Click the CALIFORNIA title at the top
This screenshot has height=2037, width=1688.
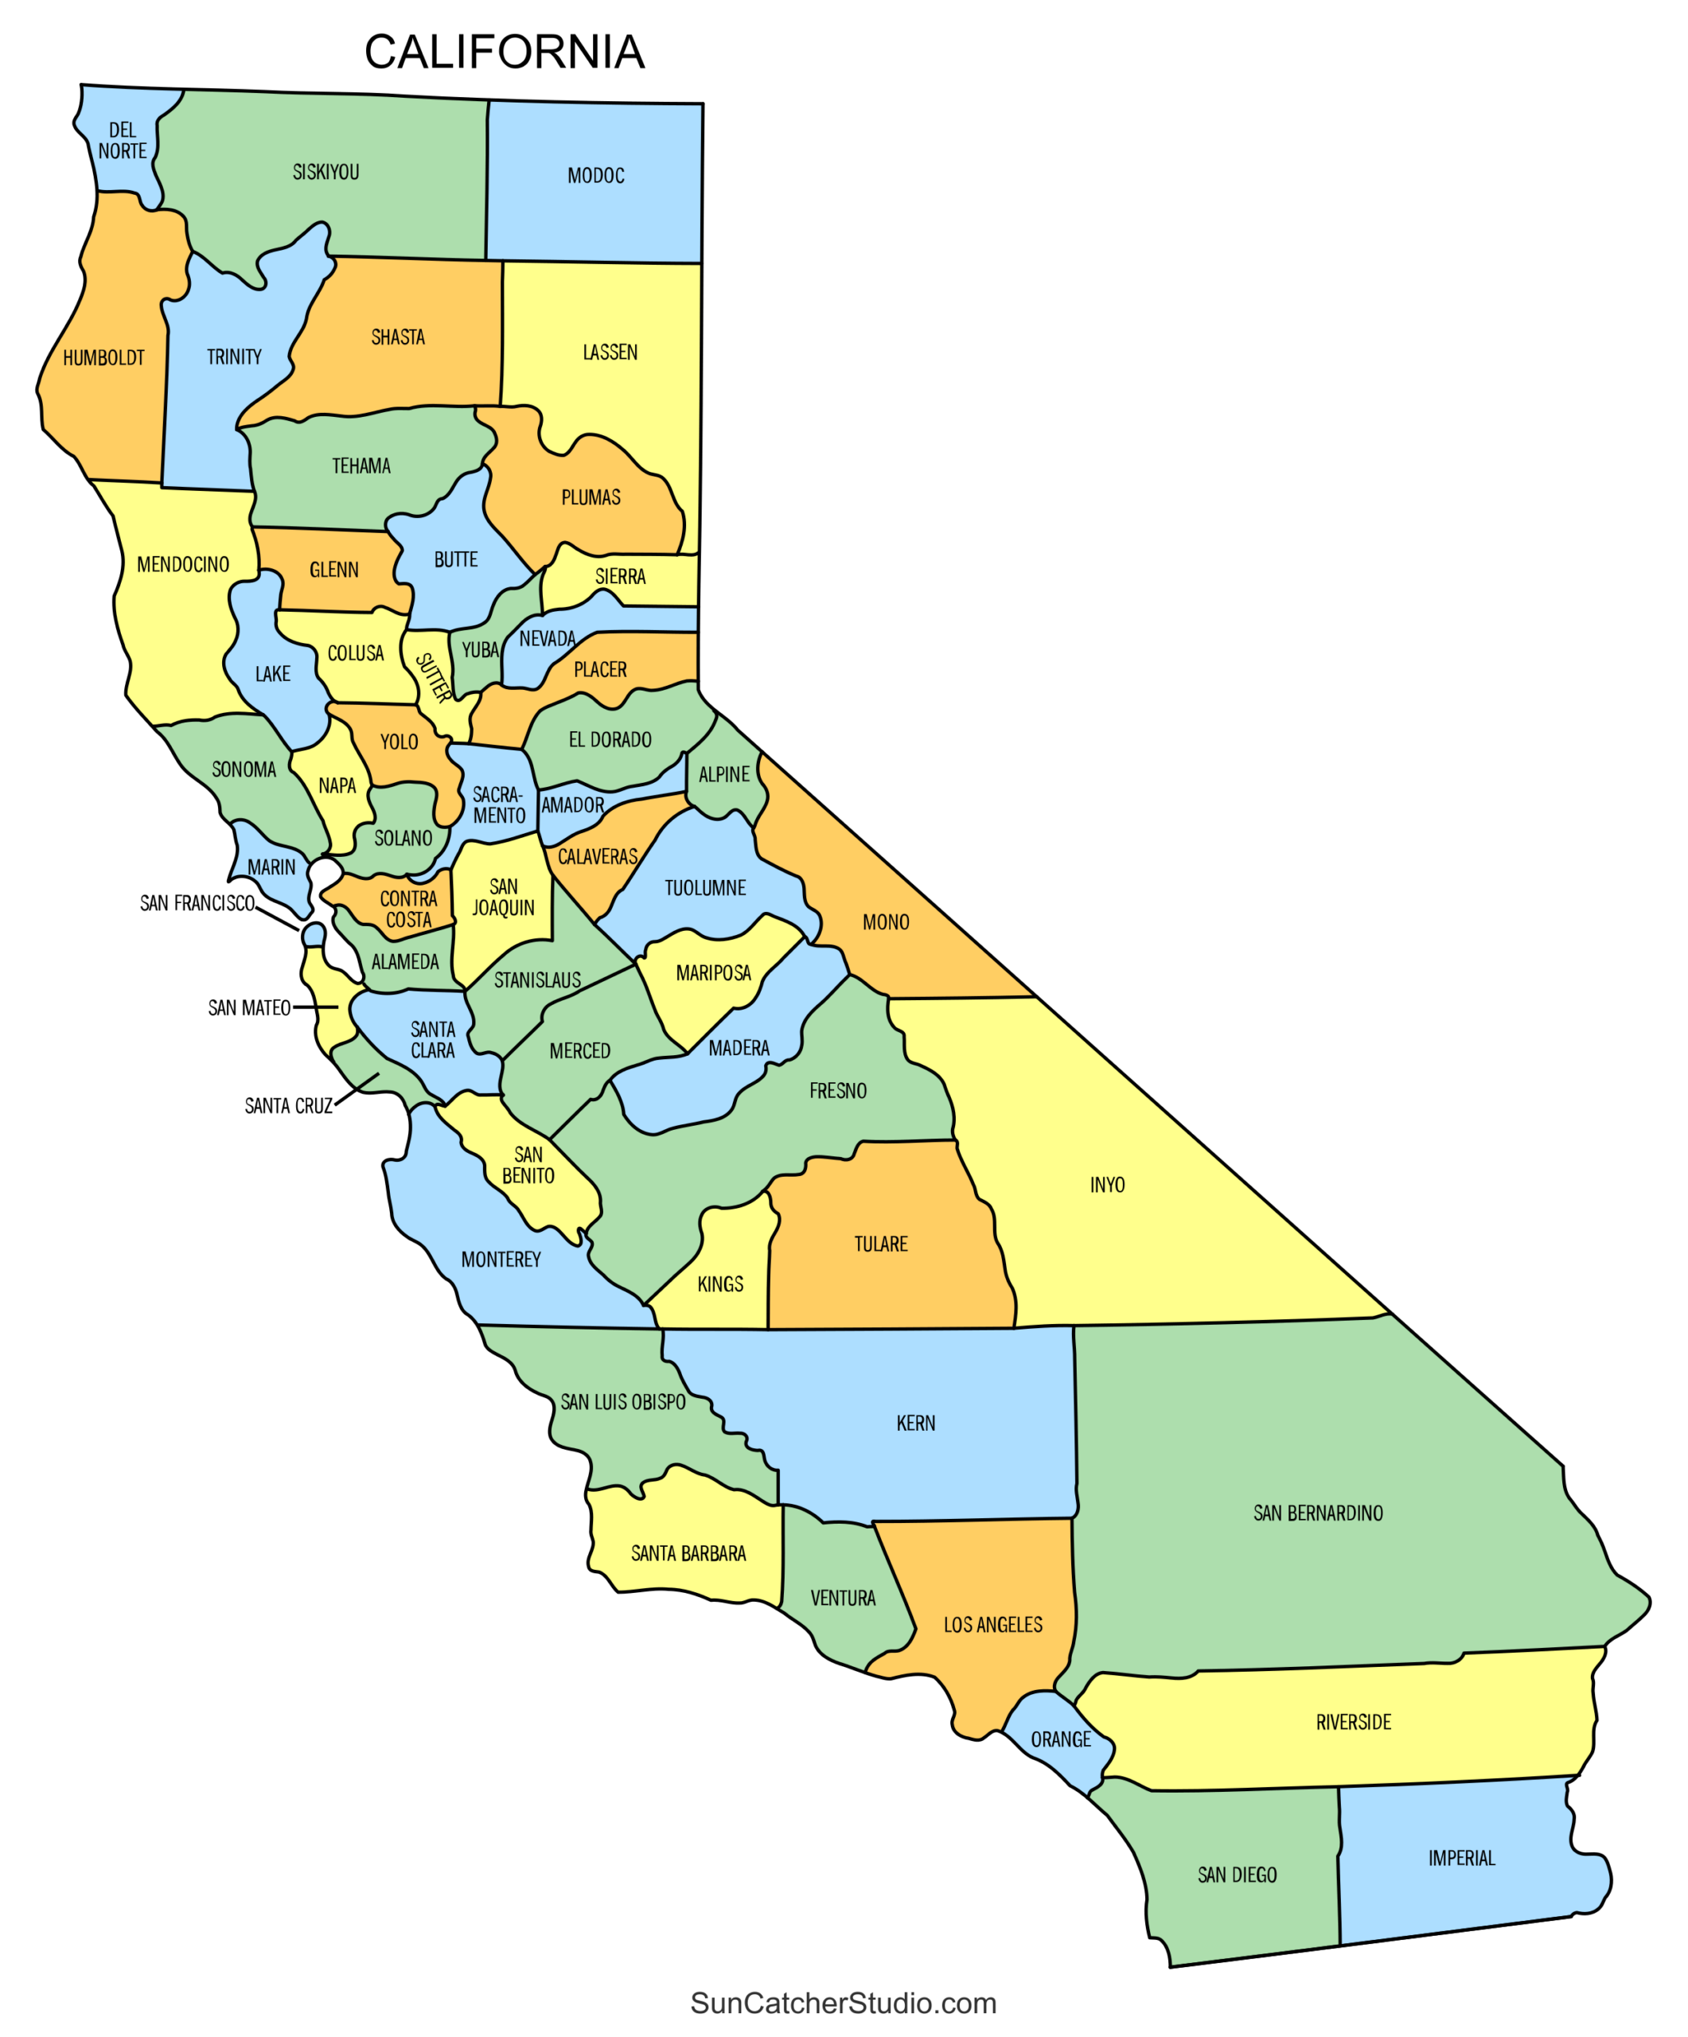(x=504, y=53)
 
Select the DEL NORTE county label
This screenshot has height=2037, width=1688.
(x=123, y=141)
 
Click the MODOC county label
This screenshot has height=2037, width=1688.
(x=595, y=176)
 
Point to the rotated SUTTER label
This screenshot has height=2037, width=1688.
(x=433, y=677)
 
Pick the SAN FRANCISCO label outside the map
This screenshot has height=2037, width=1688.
(x=197, y=903)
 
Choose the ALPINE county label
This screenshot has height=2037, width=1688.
(x=723, y=774)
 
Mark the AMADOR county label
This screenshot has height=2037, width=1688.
(x=572, y=805)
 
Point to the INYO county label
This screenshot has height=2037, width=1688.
(x=1107, y=1184)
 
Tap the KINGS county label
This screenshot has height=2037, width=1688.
(x=719, y=1284)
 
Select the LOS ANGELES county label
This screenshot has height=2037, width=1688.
(x=992, y=1625)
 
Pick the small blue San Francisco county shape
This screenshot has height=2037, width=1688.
(x=314, y=935)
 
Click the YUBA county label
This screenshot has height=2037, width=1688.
(x=479, y=650)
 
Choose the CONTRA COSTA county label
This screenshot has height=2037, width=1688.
(x=408, y=909)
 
